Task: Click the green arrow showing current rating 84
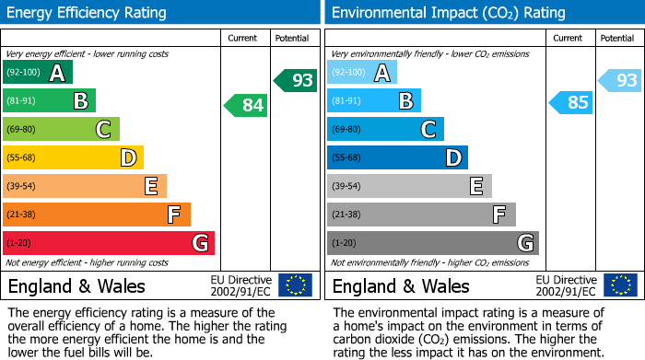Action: pos(246,106)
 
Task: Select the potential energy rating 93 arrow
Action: pos(295,80)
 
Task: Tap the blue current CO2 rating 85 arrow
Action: pos(570,102)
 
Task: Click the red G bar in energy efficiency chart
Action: pos(108,243)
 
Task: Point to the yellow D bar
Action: pos(73,157)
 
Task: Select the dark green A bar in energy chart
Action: pos(37,72)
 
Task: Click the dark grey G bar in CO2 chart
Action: pos(432,243)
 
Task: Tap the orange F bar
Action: pos(96,215)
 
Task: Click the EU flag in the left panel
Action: pos(295,285)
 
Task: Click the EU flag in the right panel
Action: pos(619,285)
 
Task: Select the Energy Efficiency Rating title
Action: pos(88,13)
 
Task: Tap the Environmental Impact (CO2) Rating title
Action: pos(448,13)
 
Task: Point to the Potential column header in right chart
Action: pos(617,38)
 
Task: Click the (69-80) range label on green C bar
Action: pos(23,130)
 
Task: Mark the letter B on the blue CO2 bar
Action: pos(405,100)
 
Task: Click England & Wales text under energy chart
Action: pos(76,285)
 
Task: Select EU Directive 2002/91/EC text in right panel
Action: pos(566,285)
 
